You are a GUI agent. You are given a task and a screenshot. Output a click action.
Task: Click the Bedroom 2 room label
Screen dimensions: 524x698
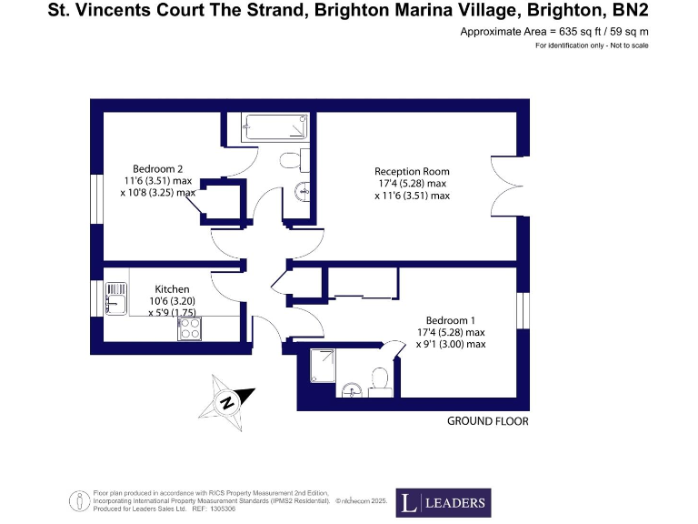158,169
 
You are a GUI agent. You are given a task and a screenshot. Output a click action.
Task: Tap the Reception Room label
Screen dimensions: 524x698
412,171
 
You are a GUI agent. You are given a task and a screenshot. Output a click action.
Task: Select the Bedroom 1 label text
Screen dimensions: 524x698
451,320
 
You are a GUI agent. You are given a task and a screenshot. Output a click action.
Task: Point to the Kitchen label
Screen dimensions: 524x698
172,289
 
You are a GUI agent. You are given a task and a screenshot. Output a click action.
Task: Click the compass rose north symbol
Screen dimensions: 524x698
226,401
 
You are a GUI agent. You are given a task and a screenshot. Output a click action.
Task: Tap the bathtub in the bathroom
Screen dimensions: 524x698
275,128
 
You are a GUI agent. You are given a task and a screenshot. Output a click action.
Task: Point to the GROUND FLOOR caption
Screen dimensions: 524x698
487,421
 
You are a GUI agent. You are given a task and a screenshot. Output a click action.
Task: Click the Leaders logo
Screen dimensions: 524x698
442,501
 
